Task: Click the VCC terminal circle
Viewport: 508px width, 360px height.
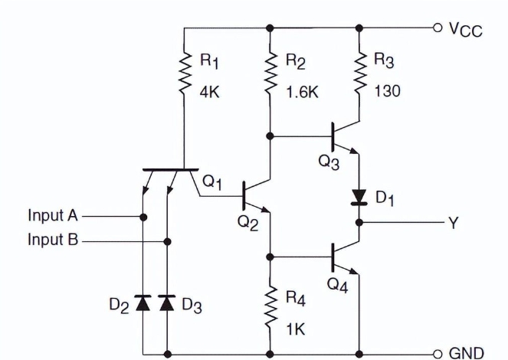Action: point(438,28)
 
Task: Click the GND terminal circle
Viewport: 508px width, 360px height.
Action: point(438,353)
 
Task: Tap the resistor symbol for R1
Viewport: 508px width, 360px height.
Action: point(185,74)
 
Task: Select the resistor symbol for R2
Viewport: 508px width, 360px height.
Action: point(270,74)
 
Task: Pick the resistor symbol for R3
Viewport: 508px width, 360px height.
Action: point(359,74)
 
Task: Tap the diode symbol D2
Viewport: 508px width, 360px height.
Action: point(143,304)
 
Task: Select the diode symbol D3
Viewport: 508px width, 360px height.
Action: point(168,304)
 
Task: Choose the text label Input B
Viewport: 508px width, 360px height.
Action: point(54,240)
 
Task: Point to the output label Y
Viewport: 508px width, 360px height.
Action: point(454,222)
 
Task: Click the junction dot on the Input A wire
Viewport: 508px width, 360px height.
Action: point(143,217)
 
